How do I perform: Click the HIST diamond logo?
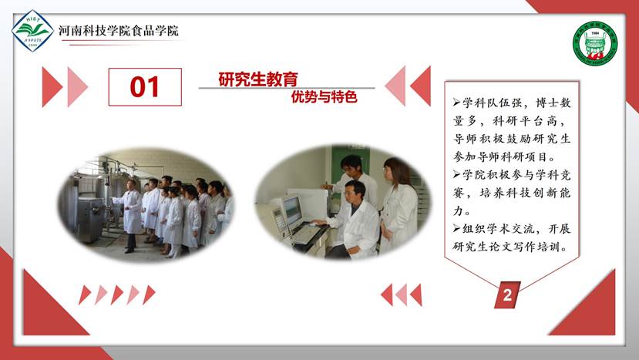click(32, 31)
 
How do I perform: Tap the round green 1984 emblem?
click(595, 44)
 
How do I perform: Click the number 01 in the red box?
click(145, 87)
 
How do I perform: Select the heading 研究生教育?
click(258, 79)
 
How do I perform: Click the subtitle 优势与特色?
click(324, 97)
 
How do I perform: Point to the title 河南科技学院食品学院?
click(118, 31)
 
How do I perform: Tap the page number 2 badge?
click(507, 294)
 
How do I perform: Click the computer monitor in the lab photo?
click(292, 211)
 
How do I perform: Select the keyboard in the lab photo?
click(306, 235)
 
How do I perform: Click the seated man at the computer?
click(352, 220)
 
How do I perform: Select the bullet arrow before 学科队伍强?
click(456, 103)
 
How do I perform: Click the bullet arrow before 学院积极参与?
click(456, 175)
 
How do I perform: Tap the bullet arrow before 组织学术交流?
click(456, 229)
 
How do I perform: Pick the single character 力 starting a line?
click(459, 210)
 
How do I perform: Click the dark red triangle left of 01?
click(52, 87)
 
